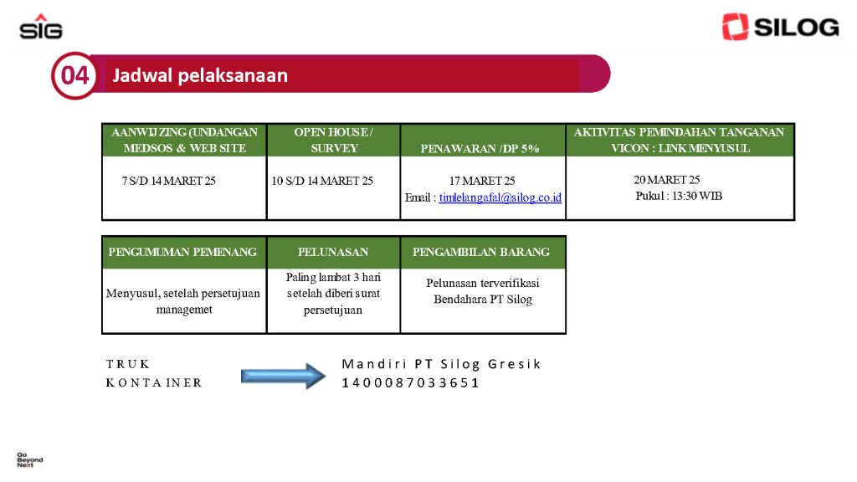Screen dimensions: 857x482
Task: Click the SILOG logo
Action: point(781,27)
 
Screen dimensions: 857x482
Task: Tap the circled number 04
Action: point(74,75)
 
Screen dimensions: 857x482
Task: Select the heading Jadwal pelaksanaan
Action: point(200,75)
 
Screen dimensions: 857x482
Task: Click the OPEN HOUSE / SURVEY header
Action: point(333,140)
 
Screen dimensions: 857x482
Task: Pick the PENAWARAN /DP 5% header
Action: point(480,149)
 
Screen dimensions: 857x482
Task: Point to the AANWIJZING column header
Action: point(185,140)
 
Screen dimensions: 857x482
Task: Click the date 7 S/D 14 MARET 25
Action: point(169,181)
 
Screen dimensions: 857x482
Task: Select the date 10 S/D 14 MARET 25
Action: point(322,181)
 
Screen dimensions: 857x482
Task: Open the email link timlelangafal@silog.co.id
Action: point(500,197)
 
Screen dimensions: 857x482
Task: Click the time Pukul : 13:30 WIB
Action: point(679,196)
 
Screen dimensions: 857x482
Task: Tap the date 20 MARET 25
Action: point(667,180)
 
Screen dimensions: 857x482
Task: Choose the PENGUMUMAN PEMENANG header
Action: point(182,252)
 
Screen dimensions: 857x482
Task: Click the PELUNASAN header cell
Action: point(333,252)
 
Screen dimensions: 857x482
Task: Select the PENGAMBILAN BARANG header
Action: point(481,252)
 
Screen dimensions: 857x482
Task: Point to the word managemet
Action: point(184,310)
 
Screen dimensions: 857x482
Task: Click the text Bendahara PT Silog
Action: point(483,300)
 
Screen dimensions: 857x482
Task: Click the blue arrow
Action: point(283,376)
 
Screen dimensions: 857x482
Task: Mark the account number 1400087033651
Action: point(410,382)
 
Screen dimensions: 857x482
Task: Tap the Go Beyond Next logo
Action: point(29,459)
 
